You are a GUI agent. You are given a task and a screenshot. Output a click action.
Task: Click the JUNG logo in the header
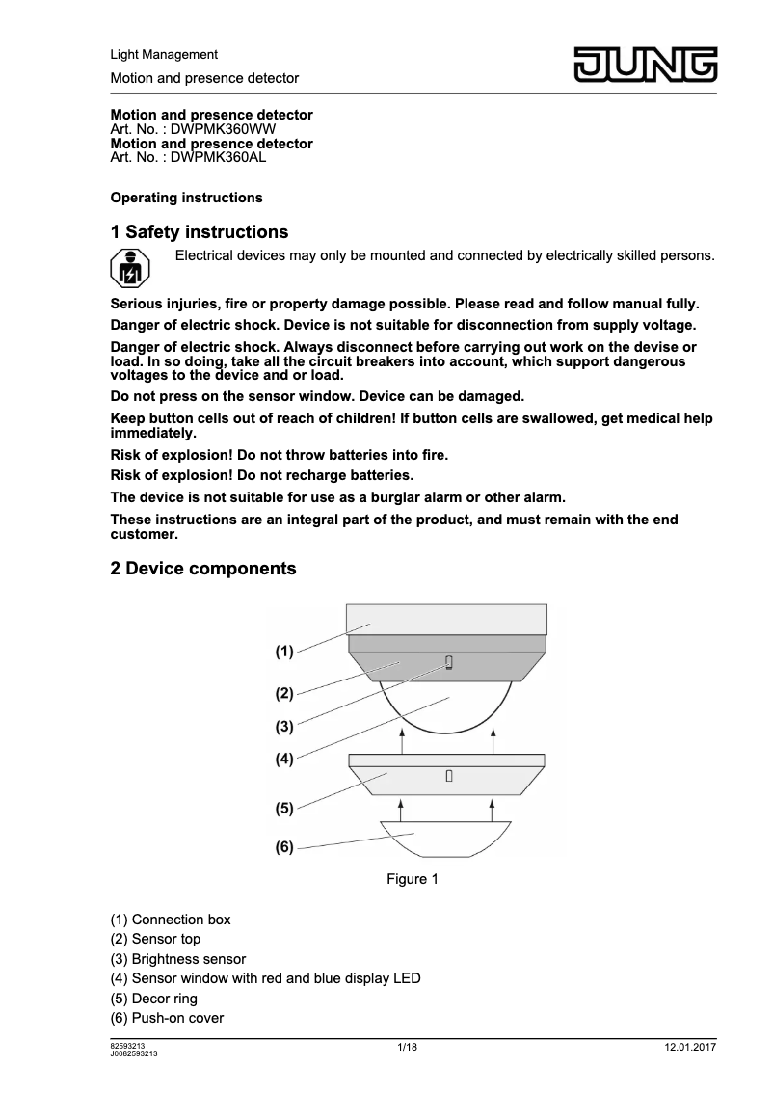coord(647,64)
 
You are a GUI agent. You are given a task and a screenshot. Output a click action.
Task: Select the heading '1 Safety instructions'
coord(200,232)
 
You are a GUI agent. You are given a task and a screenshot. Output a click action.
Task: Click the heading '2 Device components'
coord(203,569)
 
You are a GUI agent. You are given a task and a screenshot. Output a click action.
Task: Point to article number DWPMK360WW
coord(228,128)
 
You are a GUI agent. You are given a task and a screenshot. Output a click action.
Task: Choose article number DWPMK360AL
coord(218,156)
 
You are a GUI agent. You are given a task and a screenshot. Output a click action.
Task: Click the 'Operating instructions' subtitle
coord(187,198)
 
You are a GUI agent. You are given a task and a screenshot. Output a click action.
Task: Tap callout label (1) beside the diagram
coord(283,652)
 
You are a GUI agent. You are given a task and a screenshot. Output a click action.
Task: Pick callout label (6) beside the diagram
coord(283,847)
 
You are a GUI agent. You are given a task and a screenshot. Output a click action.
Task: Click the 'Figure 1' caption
coord(413,879)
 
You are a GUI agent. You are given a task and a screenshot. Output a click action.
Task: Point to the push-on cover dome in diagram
coord(446,838)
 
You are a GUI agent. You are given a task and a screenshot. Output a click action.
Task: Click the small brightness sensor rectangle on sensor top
coord(448,662)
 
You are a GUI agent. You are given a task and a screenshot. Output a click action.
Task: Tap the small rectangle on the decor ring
coord(449,776)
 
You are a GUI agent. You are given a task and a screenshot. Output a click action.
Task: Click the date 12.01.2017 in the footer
coord(690,1048)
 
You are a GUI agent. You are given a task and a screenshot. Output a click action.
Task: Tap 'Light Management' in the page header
coord(164,55)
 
